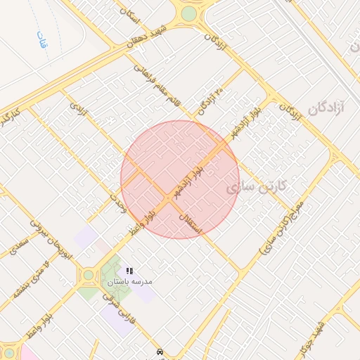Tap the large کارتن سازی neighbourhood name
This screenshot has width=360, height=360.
pyautogui.click(x=259, y=188)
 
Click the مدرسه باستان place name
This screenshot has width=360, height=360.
pyautogui.click(x=129, y=281)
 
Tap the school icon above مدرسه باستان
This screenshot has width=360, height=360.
pyautogui.click(x=129, y=271)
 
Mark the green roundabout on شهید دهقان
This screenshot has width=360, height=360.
pyautogui.click(x=188, y=13)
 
